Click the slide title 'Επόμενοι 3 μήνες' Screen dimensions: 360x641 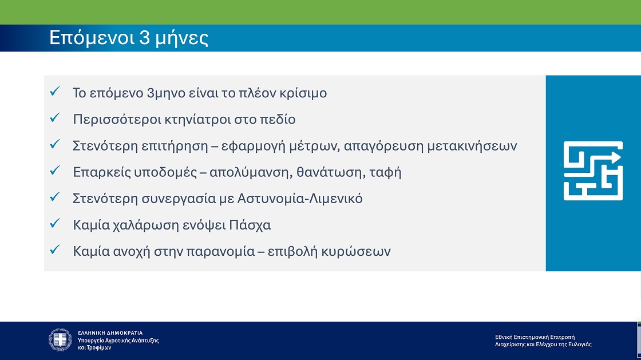pos(128,37)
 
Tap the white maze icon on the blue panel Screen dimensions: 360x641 pos(593,171)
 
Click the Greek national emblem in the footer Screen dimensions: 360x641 pos(60,339)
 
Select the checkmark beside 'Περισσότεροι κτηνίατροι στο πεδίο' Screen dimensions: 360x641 pos(55,118)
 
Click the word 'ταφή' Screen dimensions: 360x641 pos(386,172)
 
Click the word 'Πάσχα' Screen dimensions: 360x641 pos(250,225)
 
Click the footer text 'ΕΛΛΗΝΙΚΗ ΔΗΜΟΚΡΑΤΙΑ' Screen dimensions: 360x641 pos(110,333)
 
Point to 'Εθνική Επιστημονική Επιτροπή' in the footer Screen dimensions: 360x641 pos(535,337)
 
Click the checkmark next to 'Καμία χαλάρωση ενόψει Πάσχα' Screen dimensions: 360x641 pos(55,223)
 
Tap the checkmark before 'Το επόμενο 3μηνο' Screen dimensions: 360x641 pos(55,92)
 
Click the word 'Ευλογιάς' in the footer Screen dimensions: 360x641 pos(580,345)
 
